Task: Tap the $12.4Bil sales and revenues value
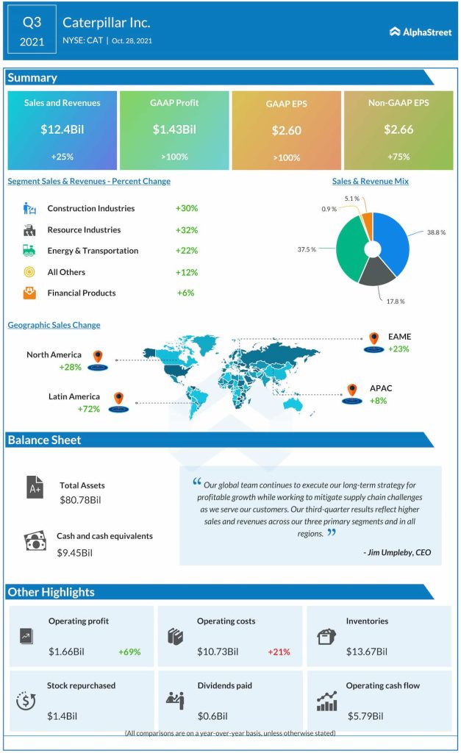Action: click(x=62, y=129)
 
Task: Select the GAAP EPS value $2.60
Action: click(x=286, y=130)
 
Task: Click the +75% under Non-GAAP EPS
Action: click(x=398, y=157)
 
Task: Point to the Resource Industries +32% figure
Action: click(x=187, y=229)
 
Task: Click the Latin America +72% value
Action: click(x=89, y=408)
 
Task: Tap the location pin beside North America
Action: click(x=97, y=358)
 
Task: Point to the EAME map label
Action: click(x=400, y=337)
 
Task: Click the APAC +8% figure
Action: click(x=378, y=401)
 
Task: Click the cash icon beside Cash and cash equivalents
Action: click(x=35, y=542)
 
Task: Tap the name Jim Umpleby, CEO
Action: click(x=397, y=552)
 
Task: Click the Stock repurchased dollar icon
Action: click(x=26, y=701)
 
